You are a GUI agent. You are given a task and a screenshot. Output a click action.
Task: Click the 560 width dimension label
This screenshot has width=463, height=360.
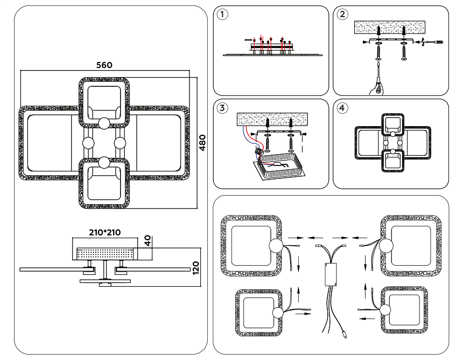coord(104,65)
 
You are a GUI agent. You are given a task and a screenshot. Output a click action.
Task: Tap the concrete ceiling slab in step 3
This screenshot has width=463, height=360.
coord(272,120)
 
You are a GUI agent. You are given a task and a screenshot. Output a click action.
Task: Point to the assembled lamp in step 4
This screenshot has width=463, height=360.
coord(393,143)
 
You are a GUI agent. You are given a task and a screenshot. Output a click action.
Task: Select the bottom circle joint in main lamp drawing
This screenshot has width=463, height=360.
coord(103,162)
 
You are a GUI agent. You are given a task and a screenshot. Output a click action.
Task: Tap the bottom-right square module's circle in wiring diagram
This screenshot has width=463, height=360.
coord(387,311)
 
